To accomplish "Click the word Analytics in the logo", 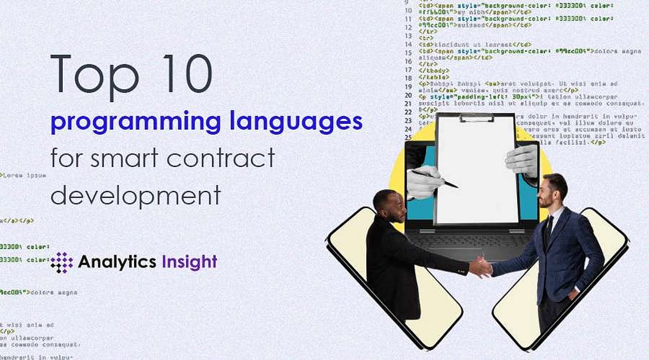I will coord(117,262).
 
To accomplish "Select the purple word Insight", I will coord(189,262).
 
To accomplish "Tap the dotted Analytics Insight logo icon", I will coord(61,262).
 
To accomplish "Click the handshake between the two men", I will coord(481,267).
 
